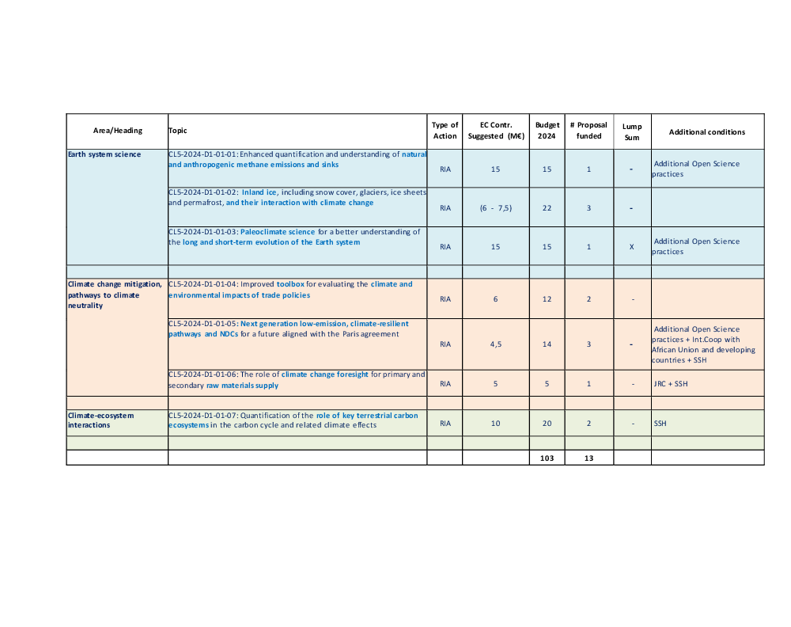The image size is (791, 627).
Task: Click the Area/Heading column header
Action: pyautogui.click(x=117, y=131)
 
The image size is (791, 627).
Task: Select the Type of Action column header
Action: pyautogui.click(x=445, y=131)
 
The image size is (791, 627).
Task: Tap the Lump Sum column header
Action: pyautogui.click(x=632, y=131)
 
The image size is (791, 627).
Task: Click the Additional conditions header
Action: pyautogui.click(x=706, y=131)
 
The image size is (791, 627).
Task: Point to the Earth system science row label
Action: pyautogui.click(x=104, y=154)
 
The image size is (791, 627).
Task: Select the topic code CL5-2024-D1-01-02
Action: pyautogui.click(x=203, y=192)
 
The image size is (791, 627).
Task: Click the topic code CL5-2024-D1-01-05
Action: pyautogui.click(x=203, y=324)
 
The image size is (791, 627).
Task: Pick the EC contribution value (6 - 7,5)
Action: pyautogui.click(x=495, y=207)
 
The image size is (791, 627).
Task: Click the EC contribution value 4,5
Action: pyautogui.click(x=495, y=344)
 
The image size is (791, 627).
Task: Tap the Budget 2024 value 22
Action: pyautogui.click(x=547, y=207)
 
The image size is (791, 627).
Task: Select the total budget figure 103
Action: pyautogui.click(x=547, y=458)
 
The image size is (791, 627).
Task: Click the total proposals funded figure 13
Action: pyautogui.click(x=589, y=458)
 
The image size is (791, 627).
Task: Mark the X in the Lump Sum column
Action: pyautogui.click(x=631, y=247)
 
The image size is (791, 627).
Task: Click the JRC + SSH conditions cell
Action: pyautogui.click(x=670, y=384)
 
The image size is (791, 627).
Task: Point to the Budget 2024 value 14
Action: pyautogui.click(x=547, y=344)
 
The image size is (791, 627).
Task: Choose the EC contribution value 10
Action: pyautogui.click(x=495, y=424)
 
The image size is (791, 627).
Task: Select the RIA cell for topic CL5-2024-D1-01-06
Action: pyautogui.click(x=445, y=384)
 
